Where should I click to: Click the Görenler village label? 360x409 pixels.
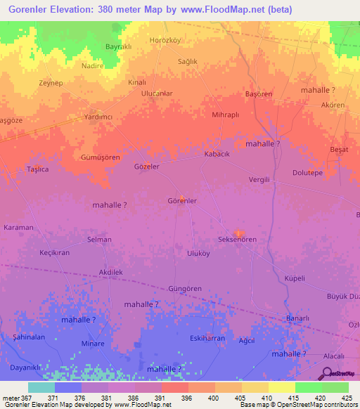(x=181, y=201)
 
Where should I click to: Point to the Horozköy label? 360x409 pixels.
(x=166, y=41)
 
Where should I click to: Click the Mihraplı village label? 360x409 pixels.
(x=226, y=114)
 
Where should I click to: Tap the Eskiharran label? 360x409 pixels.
(x=207, y=338)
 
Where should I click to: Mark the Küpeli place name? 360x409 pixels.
(x=294, y=278)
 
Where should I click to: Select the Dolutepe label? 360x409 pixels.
(x=307, y=173)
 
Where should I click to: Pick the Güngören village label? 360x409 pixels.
(x=186, y=289)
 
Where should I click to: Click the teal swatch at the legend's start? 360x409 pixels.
(x=41, y=387)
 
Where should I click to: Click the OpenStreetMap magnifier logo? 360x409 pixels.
(x=327, y=375)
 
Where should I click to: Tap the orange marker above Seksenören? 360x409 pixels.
(x=238, y=233)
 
